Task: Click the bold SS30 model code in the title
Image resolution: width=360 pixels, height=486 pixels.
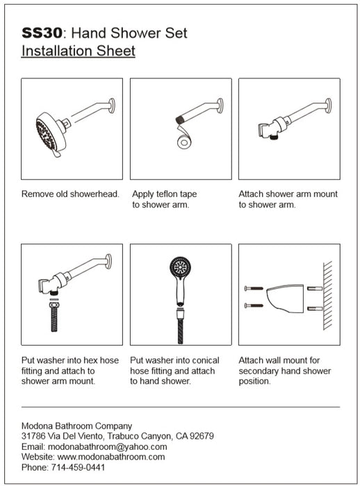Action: pyautogui.click(x=42, y=33)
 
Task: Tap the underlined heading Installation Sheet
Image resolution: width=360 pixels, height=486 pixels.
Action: pyautogui.click(x=79, y=51)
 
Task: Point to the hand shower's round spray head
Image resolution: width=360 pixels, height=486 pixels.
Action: pyautogui.click(x=181, y=267)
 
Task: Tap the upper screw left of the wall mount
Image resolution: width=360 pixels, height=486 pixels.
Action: pyautogui.click(x=254, y=288)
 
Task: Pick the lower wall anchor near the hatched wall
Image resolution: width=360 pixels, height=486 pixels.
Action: pyautogui.click(x=315, y=308)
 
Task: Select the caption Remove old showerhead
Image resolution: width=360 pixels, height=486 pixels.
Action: pyautogui.click(x=70, y=194)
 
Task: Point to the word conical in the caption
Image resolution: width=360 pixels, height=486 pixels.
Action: pyautogui.click(x=203, y=360)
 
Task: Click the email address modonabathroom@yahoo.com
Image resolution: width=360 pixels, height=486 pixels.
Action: pyautogui.click(x=108, y=446)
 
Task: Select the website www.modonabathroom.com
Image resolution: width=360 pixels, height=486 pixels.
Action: pyautogui.click(x=111, y=457)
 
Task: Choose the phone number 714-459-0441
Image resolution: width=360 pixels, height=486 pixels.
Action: pyautogui.click(x=78, y=467)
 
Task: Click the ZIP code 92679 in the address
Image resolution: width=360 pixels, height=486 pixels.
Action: pyautogui.click(x=202, y=436)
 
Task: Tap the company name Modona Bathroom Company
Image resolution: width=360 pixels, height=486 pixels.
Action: pyautogui.click(x=76, y=426)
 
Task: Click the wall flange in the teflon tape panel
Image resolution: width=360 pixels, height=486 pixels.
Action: pyautogui.click(x=220, y=106)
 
